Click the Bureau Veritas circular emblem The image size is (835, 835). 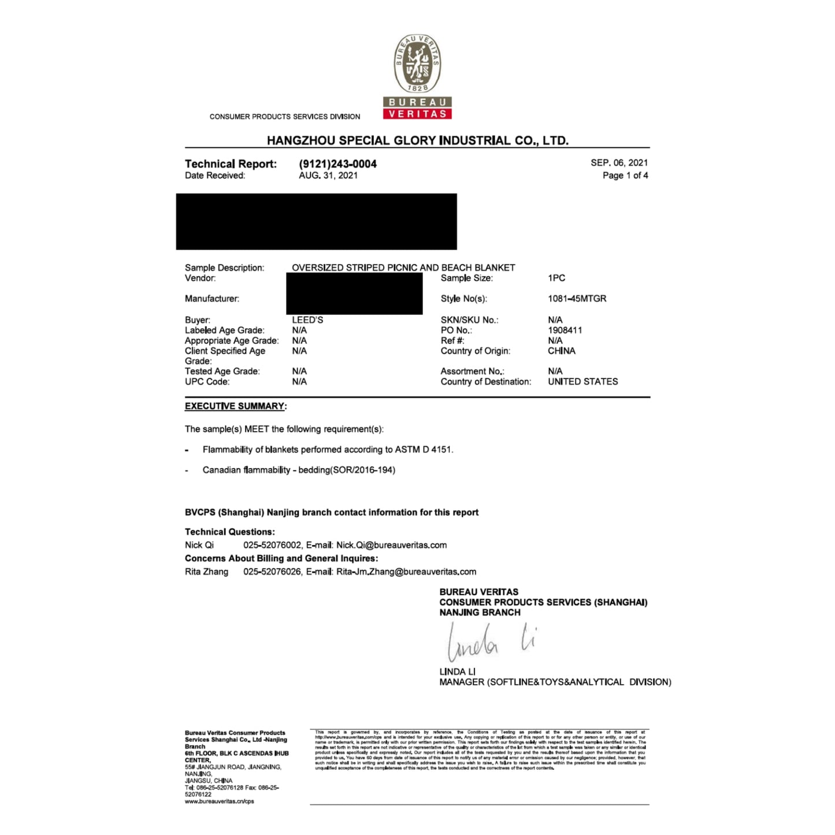(417, 64)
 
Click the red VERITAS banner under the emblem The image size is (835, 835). (417, 114)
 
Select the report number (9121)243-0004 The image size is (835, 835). (337, 164)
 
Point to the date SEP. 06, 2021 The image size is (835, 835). (619, 163)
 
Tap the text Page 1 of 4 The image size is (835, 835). (625, 176)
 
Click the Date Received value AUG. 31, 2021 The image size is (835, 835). (328, 176)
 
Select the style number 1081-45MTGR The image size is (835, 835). (577, 299)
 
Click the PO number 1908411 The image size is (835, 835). (565, 330)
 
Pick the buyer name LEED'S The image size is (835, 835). (307, 320)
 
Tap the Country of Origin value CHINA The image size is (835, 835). (561, 351)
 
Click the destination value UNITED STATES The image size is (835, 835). (582, 381)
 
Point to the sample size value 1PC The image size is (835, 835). (556, 278)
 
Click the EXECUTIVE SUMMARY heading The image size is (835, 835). (235, 406)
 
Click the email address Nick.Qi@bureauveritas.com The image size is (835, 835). (391, 545)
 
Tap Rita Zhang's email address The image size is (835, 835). (406, 571)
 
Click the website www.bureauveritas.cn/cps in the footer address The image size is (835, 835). (219, 801)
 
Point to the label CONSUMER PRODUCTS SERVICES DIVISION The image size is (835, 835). (284, 117)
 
